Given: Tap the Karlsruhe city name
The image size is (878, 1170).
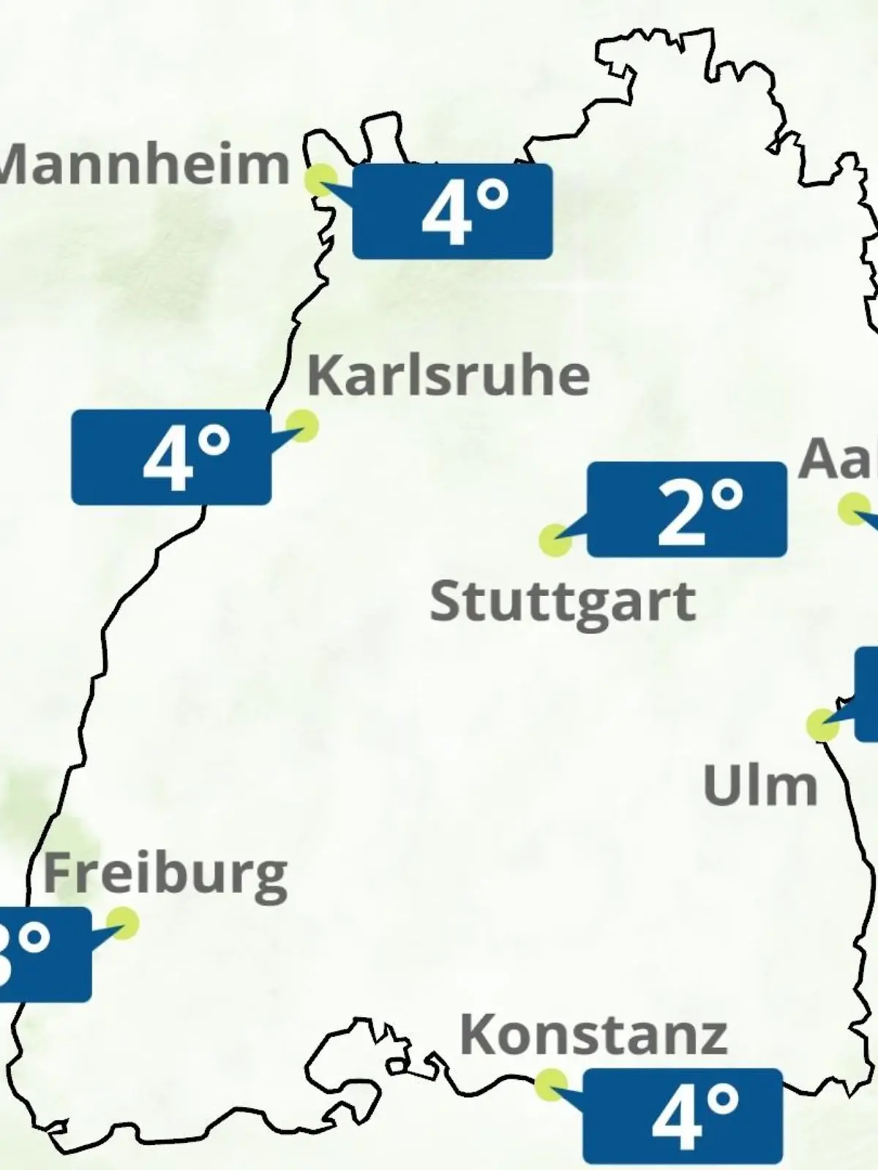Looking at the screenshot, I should (x=448, y=376).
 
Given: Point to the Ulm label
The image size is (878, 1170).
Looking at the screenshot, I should (x=759, y=786).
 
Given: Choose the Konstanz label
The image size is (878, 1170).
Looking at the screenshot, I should (x=593, y=1035).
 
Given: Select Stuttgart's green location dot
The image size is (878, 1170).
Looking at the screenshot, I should (x=555, y=540).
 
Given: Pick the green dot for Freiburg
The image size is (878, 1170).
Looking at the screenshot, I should (x=122, y=923).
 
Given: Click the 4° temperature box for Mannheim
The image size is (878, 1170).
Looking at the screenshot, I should (x=452, y=211).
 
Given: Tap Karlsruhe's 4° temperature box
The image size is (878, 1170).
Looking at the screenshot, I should (x=171, y=457).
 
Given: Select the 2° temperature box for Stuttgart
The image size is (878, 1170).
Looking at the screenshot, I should (x=687, y=510).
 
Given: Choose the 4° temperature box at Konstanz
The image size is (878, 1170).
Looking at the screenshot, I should (x=683, y=1116).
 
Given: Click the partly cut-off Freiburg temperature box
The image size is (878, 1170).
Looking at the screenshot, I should (x=44, y=954).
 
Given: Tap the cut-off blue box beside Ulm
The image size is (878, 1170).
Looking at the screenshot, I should (x=867, y=693).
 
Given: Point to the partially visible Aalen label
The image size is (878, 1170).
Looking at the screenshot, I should (x=838, y=459).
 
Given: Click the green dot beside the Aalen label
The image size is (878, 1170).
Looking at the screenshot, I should (x=852, y=509).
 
